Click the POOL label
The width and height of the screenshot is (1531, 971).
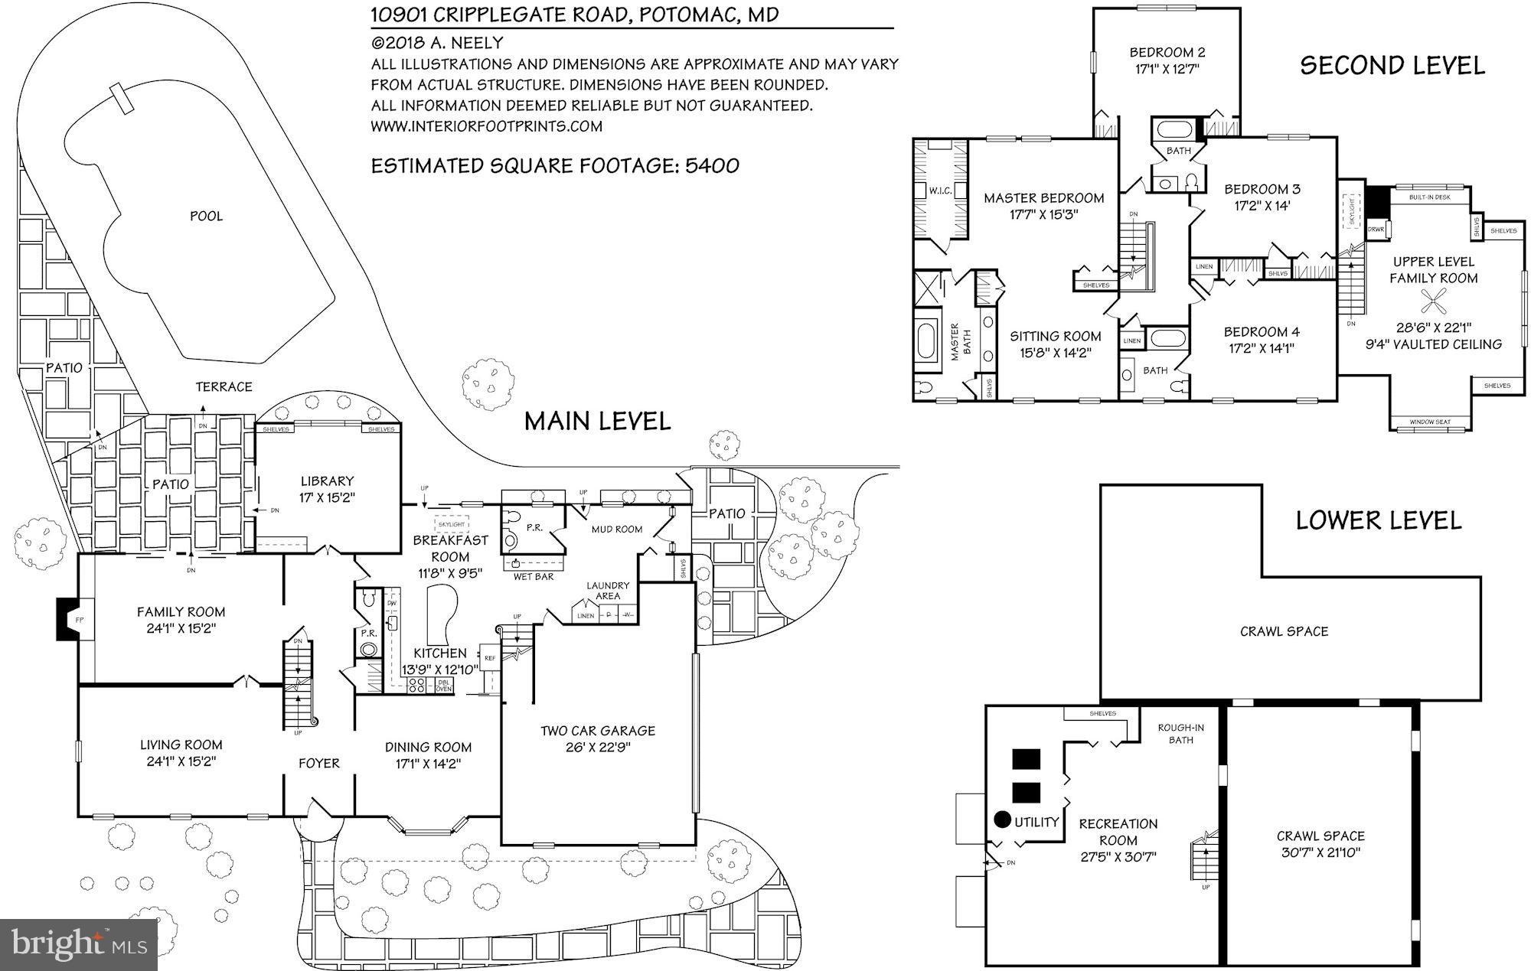[x=206, y=217]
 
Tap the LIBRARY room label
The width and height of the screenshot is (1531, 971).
[x=327, y=481]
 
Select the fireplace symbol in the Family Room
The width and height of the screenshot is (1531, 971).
[x=69, y=618]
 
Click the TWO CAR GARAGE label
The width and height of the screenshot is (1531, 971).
[x=598, y=731]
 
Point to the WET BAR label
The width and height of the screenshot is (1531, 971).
[x=534, y=576]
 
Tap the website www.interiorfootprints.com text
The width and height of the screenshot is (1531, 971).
[x=487, y=126]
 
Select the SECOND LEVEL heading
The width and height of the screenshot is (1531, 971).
[x=1392, y=66]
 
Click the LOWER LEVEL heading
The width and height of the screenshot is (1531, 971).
[x=1378, y=521]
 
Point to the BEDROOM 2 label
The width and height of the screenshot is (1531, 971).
[x=1167, y=53]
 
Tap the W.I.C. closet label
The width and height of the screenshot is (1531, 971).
[x=940, y=191]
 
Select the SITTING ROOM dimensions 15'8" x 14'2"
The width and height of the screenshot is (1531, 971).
[x=1055, y=353]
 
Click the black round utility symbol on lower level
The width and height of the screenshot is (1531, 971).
[x=1002, y=819]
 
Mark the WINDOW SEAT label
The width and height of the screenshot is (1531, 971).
[x=1429, y=422]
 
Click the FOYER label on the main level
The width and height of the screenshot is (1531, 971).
[x=318, y=763]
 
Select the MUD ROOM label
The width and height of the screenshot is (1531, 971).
[x=616, y=529]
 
